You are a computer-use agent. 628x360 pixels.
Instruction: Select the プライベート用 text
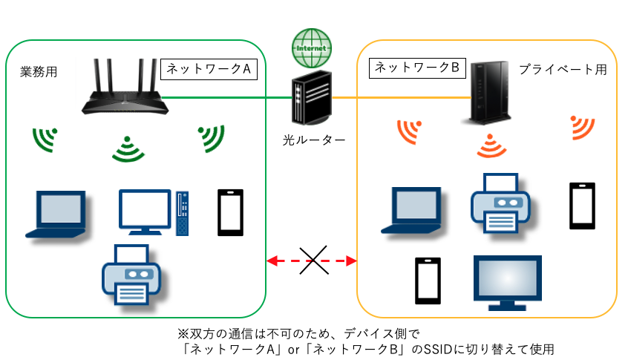click(563, 70)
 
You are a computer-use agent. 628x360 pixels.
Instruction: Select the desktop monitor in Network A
click(146, 212)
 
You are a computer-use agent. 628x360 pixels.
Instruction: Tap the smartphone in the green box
click(230, 212)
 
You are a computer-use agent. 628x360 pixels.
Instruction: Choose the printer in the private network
click(499, 201)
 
